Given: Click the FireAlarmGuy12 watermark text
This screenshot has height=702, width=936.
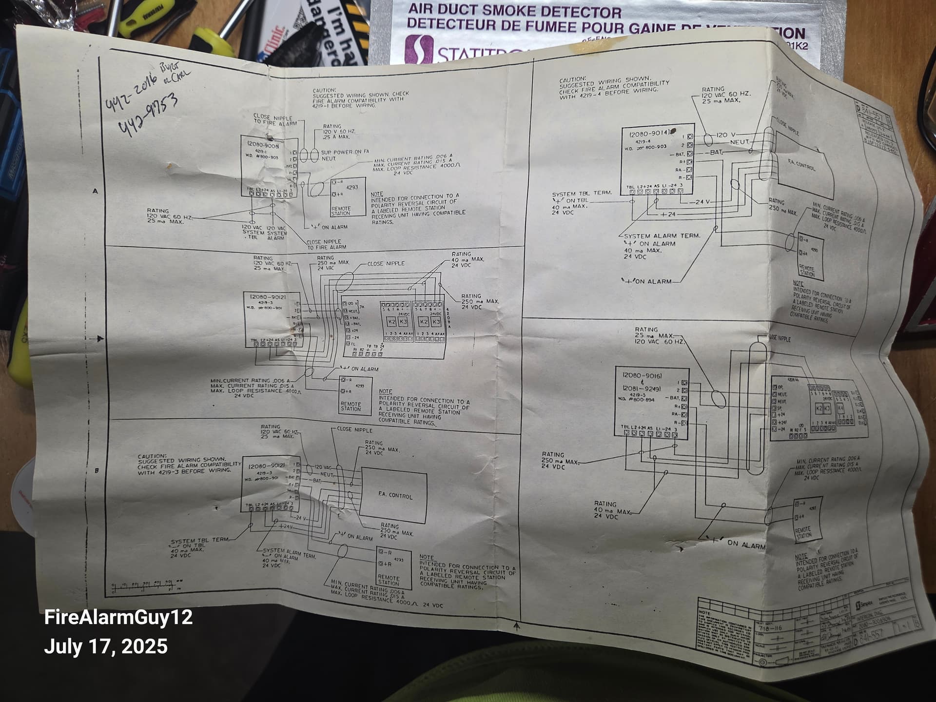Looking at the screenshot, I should click(x=118, y=617).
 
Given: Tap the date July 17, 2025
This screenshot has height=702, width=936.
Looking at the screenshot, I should click(x=106, y=646).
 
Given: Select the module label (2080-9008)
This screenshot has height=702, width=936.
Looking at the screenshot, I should click(x=263, y=145).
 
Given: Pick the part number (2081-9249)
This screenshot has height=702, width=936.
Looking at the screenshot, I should click(x=642, y=389).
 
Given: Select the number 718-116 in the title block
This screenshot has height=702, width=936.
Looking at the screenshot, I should click(x=770, y=628).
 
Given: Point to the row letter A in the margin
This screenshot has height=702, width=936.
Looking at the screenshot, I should click(x=95, y=191).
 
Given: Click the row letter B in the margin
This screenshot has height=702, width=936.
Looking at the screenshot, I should click(x=97, y=470).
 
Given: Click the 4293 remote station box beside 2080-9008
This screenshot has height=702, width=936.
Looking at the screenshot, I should click(x=348, y=197).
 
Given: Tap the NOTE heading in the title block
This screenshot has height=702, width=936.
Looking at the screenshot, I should click(x=705, y=613).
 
